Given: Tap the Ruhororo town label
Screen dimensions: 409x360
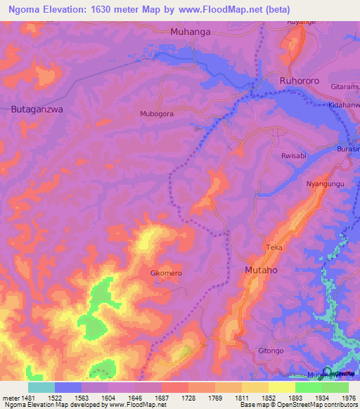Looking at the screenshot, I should click(299, 81).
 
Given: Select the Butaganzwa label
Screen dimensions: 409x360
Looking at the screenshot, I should click(37, 109).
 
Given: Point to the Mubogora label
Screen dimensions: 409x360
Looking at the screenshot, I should click(157, 113).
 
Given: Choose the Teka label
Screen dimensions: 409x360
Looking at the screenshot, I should click(274, 247).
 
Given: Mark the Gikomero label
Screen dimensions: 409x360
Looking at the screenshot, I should click(167, 273).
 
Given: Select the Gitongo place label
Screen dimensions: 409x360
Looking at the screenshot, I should click(271, 350).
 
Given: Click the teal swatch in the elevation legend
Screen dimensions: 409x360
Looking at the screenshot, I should click(41, 387).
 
